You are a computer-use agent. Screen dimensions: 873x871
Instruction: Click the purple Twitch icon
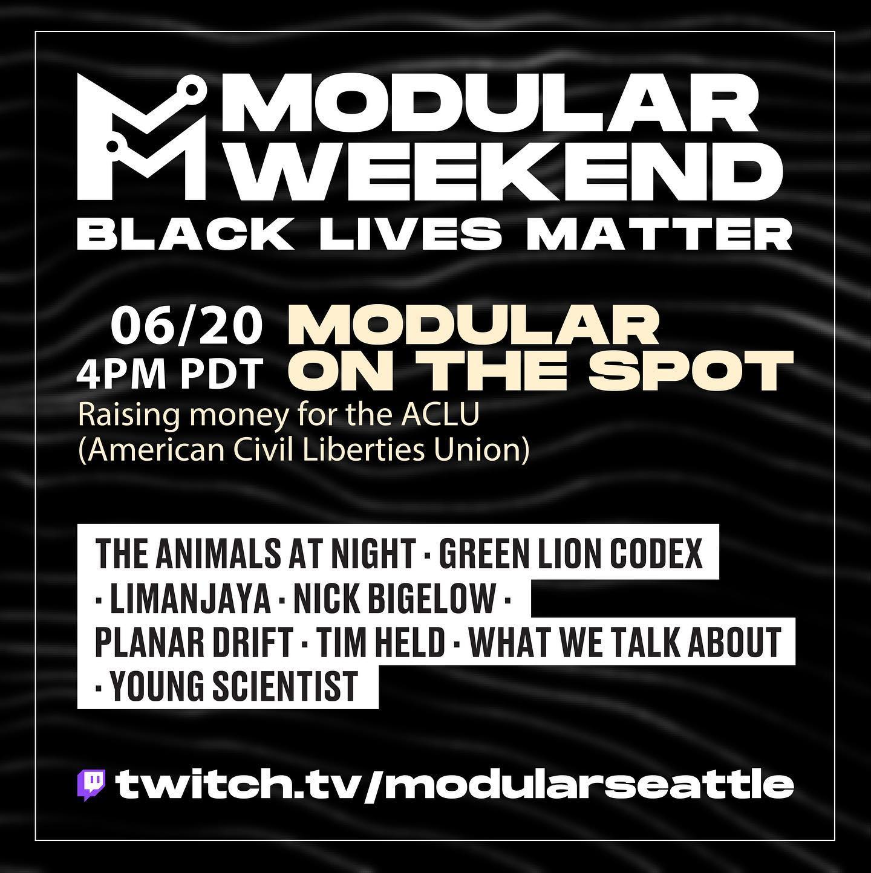click(x=91, y=785)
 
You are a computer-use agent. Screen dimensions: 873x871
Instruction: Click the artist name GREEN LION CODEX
click(x=571, y=553)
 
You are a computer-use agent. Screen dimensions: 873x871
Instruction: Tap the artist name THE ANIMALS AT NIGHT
click(x=254, y=553)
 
